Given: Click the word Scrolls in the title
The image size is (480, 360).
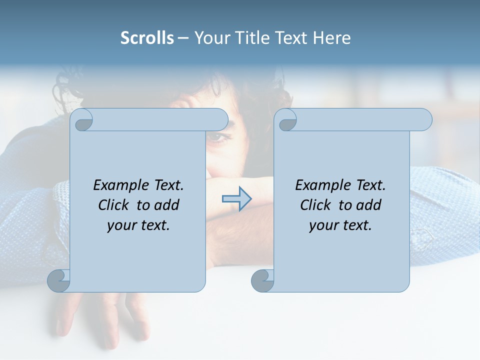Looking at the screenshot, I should (x=147, y=38).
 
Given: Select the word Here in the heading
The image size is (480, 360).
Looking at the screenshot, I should (x=332, y=38).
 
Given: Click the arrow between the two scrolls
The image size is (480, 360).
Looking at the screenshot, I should (x=236, y=199).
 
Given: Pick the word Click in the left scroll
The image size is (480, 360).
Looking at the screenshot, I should (x=114, y=205).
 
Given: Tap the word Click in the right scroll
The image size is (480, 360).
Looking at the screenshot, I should (x=316, y=205).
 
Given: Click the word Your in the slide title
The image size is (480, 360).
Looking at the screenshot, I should (x=210, y=38).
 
